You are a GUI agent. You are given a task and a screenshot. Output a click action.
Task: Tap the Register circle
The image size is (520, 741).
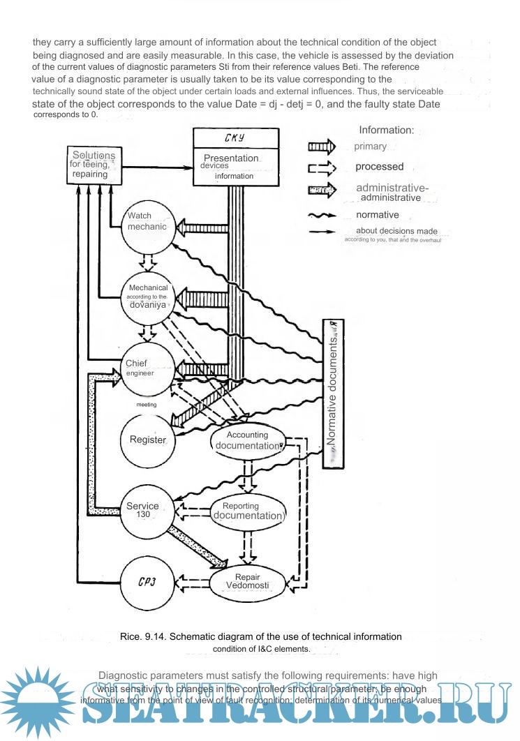tap(148, 440)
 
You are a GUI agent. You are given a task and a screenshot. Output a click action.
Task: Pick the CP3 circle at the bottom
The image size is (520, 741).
tap(147, 583)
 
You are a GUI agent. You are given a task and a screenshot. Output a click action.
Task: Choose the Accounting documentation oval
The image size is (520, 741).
tap(246, 440)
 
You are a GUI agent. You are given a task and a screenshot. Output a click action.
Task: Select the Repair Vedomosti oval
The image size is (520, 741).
tap(247, 581)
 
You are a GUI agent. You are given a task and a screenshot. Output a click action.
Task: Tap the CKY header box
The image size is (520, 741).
tap(236, 138)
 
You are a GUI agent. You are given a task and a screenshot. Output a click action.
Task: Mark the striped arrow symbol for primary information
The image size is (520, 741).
tap(322, 147)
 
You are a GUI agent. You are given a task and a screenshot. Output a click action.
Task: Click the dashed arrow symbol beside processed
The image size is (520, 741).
tap(322, 167)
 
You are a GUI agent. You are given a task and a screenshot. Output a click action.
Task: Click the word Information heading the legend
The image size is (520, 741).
tap(387, 130)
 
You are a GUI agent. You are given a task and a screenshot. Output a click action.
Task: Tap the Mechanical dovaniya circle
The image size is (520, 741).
tap(147, 297)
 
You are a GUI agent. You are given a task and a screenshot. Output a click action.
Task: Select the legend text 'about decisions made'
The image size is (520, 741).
tap(396, 231)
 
